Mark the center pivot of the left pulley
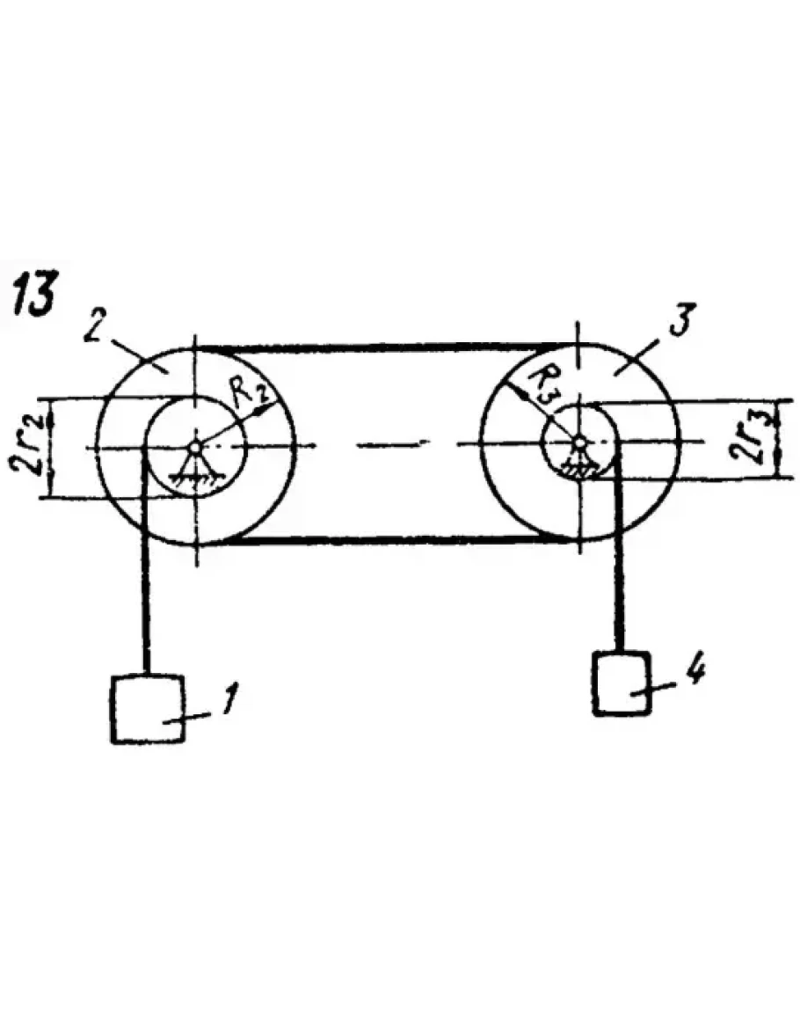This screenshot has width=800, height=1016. [x=196, y=445]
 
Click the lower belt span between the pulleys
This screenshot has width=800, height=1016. [x=387, y=538]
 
